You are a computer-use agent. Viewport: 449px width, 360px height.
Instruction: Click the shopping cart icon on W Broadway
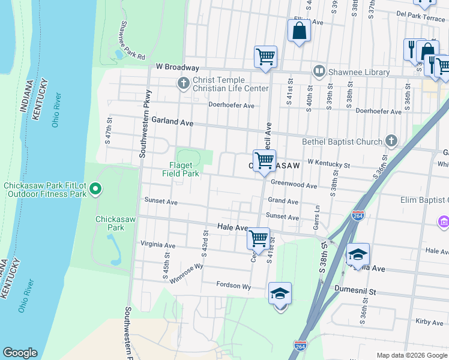[265, 57]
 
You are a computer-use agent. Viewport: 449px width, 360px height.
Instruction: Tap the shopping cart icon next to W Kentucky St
[264, 161]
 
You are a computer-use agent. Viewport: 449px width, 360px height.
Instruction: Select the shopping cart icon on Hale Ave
[258, 238]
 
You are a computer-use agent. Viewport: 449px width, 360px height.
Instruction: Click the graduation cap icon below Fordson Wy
[280, 294]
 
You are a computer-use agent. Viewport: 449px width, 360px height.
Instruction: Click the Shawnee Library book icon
[319, 72]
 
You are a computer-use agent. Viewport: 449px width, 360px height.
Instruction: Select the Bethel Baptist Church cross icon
[391, 142]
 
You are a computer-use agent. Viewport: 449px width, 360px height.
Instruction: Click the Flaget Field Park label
[180, 169]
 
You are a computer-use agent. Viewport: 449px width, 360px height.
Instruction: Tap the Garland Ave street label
[172, 121]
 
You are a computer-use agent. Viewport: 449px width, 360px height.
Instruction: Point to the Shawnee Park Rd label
[131, 40]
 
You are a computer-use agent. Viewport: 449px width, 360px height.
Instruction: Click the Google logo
[20, 353]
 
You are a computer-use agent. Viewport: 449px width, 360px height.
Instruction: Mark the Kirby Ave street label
[429, 322]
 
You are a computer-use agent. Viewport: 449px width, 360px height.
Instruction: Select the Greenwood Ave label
[294, 185]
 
